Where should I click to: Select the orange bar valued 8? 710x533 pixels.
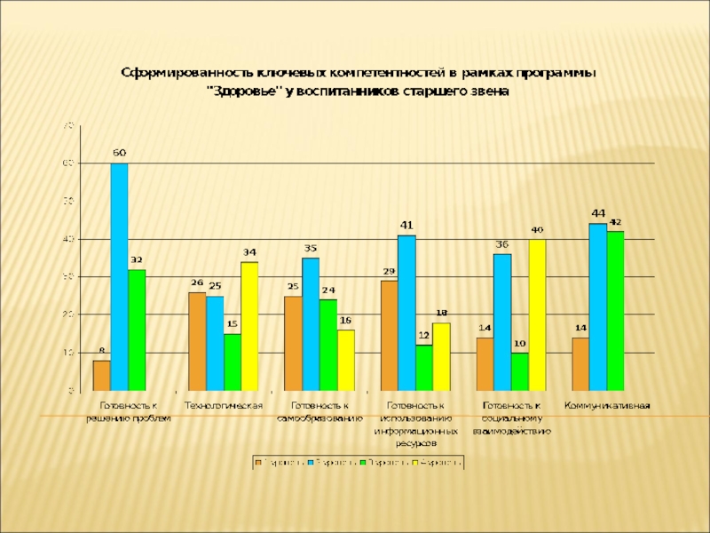[x=102, y=375]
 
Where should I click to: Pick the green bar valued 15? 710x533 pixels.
[x=233, y=362]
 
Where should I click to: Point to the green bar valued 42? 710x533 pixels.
[x=615, y=311]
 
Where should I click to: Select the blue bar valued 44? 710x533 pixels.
[x=598, y=306]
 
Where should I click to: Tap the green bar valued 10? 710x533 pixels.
[x=519, y=371]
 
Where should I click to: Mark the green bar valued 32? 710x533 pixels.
[x=137, y=330]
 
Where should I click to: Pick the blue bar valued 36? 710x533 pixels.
[x=502, y=322]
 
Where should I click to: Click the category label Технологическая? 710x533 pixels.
[x=223, y=406]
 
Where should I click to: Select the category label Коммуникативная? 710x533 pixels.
[x=608, y=406]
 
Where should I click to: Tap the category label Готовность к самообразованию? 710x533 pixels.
[x=319, y=411]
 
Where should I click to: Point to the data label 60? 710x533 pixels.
[x=119, y=153]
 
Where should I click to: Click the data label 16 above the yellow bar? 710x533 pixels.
[x=345, y=320]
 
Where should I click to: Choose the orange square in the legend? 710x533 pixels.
[x=257, y=462]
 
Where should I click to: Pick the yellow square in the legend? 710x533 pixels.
[x=414, y=462]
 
